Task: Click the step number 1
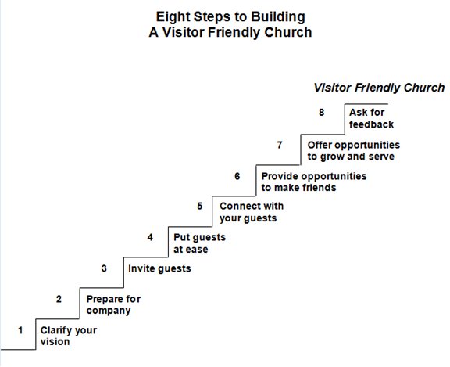coord(20,330)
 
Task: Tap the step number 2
coord(59,299)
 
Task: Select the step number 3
coord(104,268)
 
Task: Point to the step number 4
coord(150,237)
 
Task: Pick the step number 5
coord(200,206)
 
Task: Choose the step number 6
coord(237,176)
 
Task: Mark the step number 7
coord(280,145)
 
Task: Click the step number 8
coord(321,113)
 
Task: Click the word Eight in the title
coord(173,17)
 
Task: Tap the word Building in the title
coord(278,17)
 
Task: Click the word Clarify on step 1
coord(53,331)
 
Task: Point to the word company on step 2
coord(109,311)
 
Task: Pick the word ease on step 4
coord(196,250)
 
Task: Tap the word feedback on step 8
coord(371,124)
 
